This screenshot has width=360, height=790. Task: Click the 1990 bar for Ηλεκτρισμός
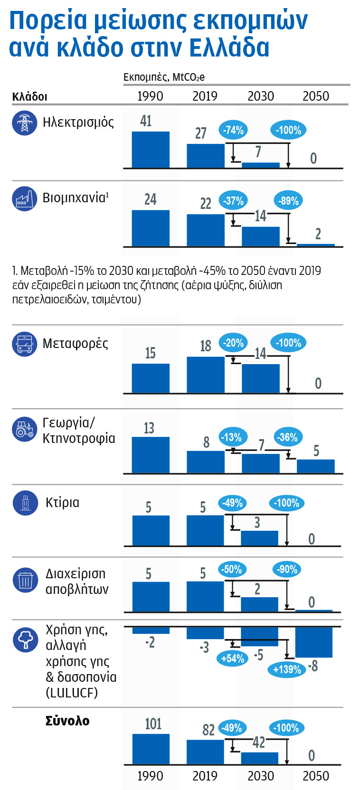pyautogui.click(x=151, y=150)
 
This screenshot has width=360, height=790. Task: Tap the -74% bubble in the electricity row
pyautogui.click(x=233, y=130)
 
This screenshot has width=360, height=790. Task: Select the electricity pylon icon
pyautogui.click(x=24, y=123)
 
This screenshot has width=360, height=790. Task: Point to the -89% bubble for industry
pyautogui.click(x=288, y=200)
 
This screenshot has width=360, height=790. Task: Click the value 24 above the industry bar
pyautogui.click(x=150, y=199)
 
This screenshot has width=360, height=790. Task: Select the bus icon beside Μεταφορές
pyautogui.click(x=24, y=344)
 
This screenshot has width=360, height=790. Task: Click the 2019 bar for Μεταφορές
pyautogui.click(x=206, y=375)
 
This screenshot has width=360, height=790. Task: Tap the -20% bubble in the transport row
pyautogui.click(x=233, y=343)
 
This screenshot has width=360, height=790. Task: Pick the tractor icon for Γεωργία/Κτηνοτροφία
pyautogui.click(x=24, y=429)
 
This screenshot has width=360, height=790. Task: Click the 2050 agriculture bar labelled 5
pyautogui.click(x=316, y=466)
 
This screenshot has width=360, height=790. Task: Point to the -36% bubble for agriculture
pyautogui.click(x=288, y=437)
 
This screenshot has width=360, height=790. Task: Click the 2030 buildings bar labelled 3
pyautogui.click(x=259, y=538)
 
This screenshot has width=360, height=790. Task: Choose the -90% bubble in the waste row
pyautogui.click(x=287, y=569)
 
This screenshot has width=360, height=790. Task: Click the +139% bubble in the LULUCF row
pyautogui.click(x=287, y=669)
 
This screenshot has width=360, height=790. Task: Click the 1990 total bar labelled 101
pyautogui.click(x=151, y=749)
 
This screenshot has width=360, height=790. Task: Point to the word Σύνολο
pyautogui.click(x=67, y=721)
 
